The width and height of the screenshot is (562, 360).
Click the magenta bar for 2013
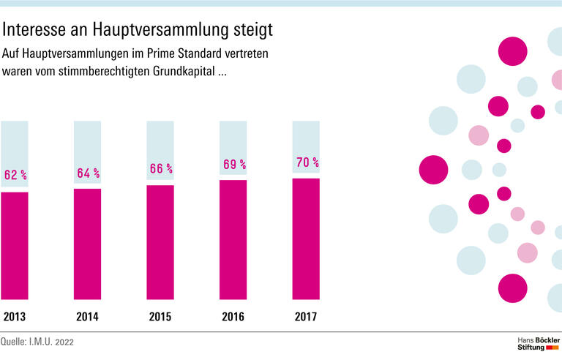15,245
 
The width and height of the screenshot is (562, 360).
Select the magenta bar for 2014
88,244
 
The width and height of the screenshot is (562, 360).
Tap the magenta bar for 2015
160,242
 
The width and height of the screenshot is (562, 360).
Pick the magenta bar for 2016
233,239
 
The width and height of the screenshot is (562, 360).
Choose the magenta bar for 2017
306,239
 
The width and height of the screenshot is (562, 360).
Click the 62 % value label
15,175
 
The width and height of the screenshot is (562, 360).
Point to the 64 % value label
88,173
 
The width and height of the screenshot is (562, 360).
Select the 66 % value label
161,168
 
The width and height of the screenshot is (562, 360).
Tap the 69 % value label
234,165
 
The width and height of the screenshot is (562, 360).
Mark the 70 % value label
307,162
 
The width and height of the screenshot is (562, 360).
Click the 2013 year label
15,317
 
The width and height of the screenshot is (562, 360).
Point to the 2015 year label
160,317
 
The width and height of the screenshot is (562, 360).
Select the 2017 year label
306,317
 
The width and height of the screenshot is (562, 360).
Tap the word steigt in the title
247,30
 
